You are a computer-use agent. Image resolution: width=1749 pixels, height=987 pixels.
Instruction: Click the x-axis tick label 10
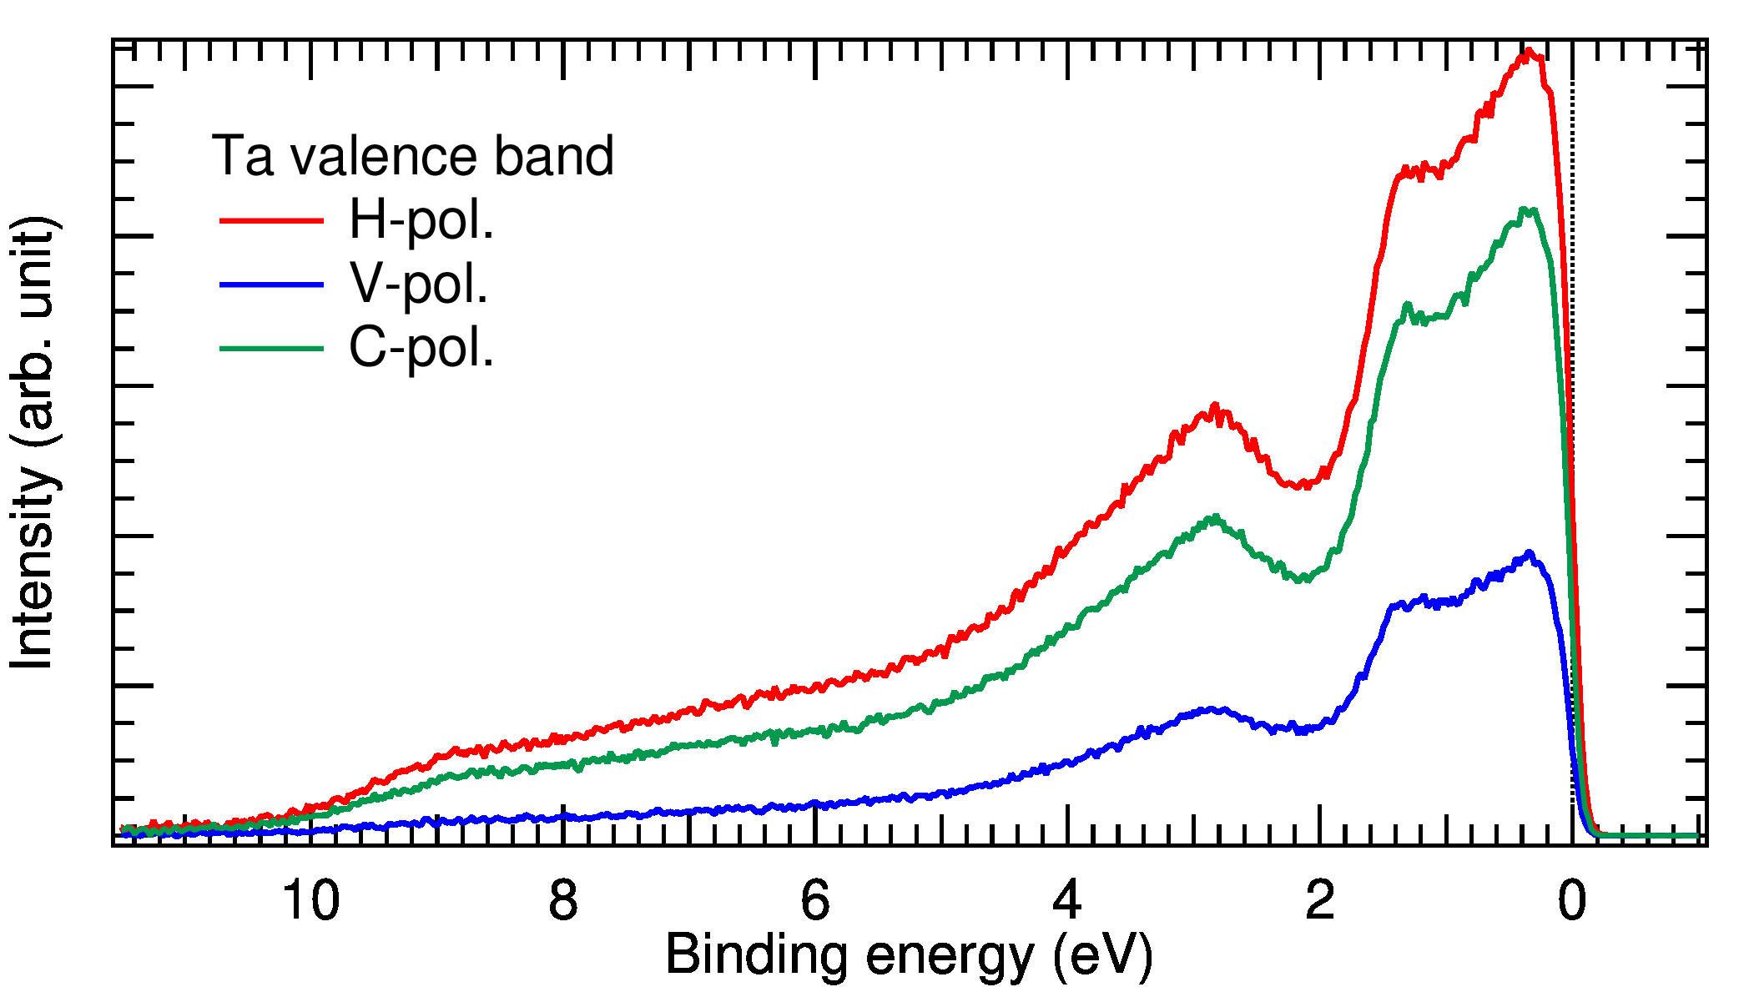tap(311, 901)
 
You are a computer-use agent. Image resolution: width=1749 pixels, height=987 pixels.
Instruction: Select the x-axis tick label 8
tap(563, 901)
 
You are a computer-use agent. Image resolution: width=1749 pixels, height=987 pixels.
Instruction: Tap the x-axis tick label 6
tap(815, 901)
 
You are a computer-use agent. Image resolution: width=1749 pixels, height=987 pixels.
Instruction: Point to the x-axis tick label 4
tap(1067, 901)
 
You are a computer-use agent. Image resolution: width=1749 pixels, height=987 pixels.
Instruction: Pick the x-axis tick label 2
tap(1319, 901)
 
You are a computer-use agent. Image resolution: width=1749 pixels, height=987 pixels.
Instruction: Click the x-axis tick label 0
tap(1572, 901)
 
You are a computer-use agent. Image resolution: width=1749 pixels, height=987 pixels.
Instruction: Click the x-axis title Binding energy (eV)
tap(909, 954)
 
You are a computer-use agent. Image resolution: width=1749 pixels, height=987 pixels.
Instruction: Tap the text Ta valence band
tap(413, 156)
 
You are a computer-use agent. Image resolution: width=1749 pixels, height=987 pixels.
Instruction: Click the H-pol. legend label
tap(421, 220)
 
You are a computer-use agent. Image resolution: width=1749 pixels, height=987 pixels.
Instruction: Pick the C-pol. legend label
tap(421, 348)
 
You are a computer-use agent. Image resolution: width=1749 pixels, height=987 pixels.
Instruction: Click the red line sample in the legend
tap(271, 220)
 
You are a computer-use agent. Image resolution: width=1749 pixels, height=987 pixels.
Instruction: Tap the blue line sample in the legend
tap(271, 285)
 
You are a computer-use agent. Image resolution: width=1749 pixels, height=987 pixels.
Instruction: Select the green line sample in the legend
tap(271, 349)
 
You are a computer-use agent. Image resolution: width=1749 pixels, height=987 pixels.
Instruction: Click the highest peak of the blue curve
tap(1529, 552)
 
